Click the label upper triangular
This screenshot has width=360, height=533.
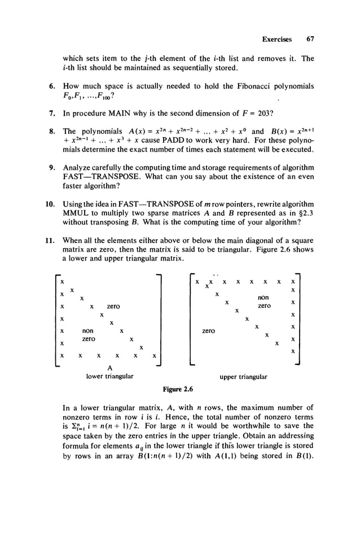[x=244, y=376]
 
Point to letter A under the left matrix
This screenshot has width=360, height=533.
[x=108, y=367]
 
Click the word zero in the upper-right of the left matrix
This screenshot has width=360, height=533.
[x=113, y=306]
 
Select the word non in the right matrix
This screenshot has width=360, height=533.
[x=262, y=297]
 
